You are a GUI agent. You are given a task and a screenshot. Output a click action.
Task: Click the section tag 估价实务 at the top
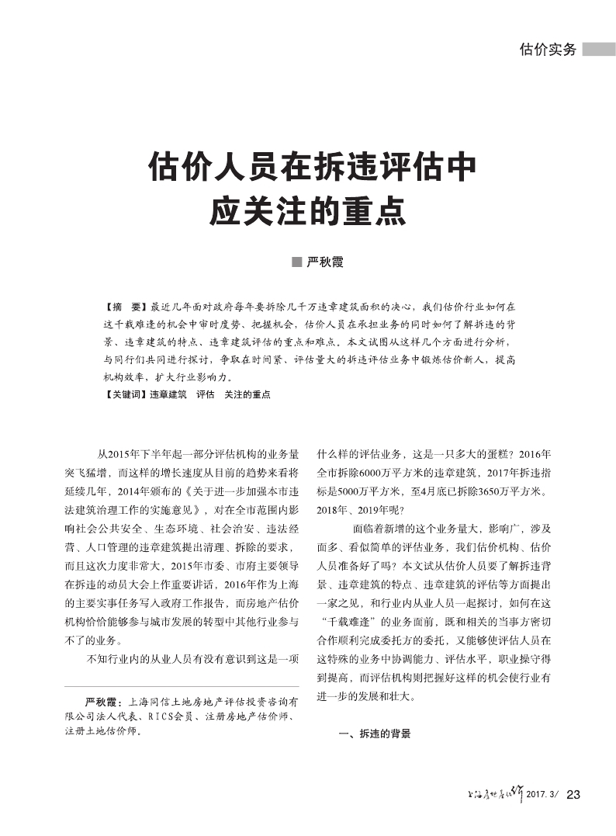[x=548, y=50]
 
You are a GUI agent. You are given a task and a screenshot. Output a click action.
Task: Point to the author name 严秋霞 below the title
[x=324, y=262]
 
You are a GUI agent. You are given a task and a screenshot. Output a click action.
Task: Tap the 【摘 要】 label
[x=126, y=307]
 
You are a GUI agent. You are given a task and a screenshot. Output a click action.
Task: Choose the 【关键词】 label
[x=126, y=394]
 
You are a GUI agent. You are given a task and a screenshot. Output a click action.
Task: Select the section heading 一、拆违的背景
[x=375, y=733]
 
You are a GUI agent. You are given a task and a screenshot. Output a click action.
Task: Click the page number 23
[x=574, y=794]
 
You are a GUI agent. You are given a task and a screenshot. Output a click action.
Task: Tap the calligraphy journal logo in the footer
[x=491, y=793]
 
